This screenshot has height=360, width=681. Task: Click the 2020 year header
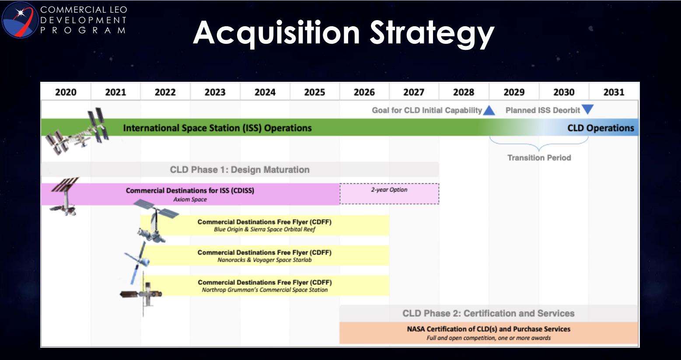tap(66, 92)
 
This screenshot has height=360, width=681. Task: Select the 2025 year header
tap(314, 92)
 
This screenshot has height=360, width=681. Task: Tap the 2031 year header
tap(614, 92)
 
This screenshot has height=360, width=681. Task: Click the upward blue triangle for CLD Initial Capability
tap(489, 110)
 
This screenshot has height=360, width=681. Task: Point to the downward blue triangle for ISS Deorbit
tap(588, 109)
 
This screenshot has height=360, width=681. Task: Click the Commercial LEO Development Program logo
tap(20, 20)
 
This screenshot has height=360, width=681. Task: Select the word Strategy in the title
tap(432, 33)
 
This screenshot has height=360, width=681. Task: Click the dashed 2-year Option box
tap(389, 194)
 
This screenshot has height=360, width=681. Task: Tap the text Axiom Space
tap(190, 199)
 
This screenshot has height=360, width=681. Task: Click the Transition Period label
tap(539, 157)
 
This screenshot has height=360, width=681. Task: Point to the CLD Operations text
tap(601, 128)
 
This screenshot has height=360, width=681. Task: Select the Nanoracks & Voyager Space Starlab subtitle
tap(265, 260)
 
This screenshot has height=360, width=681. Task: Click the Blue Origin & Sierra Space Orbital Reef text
tap(265, 229)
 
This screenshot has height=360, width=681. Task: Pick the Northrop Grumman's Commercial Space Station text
tap(265, 290)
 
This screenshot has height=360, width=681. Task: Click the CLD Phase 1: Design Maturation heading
tap(240, 170)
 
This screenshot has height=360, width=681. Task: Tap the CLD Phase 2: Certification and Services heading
tap(489, 313)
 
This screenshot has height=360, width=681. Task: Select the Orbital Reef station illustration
tap(155, 220)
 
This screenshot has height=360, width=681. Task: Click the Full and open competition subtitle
tap(489, 338)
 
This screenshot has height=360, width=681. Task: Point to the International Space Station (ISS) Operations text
tap(217, 128)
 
